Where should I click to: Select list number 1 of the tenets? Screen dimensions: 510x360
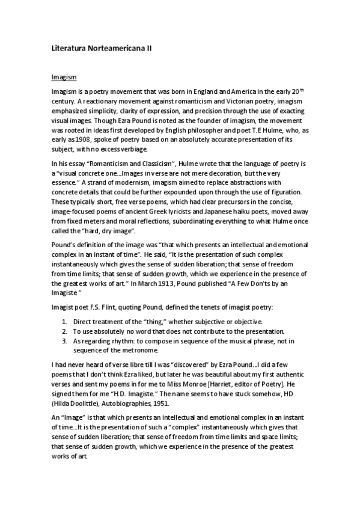(x=65, y=320)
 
